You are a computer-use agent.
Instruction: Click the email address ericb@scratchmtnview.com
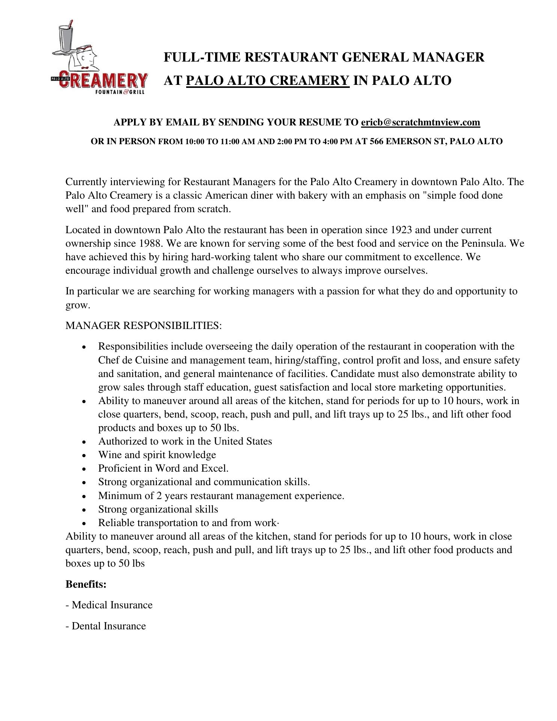tap(420, 122)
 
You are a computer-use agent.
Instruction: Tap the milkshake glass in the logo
tap(69, 37)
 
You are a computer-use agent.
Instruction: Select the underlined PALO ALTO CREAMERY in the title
tap(268, 80)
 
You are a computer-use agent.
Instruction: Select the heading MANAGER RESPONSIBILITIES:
tap(144, 326)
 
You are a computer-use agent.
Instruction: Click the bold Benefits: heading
tap(86, 584)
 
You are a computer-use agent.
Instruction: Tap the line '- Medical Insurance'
tap(109, 605)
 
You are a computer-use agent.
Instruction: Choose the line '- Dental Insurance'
tap(106, 626)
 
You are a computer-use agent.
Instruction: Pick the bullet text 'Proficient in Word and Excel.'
tap(163, 468)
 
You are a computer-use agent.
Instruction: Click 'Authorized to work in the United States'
tap(185, 441)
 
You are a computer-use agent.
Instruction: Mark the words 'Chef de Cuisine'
tap(133, 360)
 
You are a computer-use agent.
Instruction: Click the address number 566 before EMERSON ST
tap(376, 142)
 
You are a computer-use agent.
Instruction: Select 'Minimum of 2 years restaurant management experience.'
tap(221, 496)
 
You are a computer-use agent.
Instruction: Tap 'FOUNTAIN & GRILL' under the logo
tap(120, 92)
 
